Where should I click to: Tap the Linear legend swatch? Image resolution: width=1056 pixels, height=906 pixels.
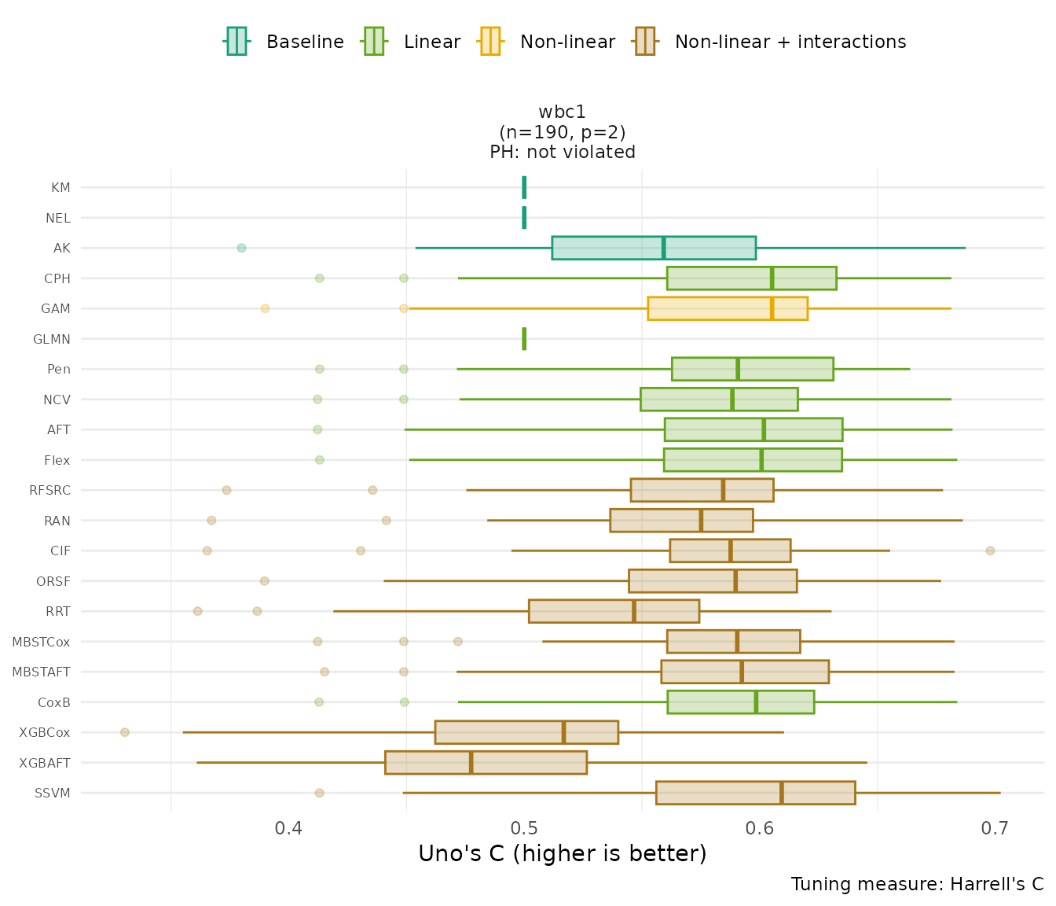373,41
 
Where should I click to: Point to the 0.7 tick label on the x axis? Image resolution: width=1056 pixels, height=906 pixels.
995,829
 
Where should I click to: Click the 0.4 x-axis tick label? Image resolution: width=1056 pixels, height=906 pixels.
289,829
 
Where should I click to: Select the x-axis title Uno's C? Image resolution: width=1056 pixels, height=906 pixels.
562,854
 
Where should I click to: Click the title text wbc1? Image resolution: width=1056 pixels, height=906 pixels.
562,112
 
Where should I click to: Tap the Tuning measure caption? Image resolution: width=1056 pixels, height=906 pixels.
917,884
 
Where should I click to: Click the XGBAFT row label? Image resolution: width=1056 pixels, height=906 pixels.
45,763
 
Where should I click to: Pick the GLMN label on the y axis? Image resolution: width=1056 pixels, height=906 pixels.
52,340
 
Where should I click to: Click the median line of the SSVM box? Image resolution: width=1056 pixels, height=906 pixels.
782,793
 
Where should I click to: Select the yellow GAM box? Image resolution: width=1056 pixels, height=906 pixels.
727,308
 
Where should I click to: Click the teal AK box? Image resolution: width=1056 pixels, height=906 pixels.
654,248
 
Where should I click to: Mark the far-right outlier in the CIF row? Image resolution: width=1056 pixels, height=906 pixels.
990,551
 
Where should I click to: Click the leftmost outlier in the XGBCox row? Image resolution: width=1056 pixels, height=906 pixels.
125,732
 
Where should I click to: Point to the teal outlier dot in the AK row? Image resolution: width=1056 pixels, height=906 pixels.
241,248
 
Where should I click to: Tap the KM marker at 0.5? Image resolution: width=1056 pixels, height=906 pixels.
524,188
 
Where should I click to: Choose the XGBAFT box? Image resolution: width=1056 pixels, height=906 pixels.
486,763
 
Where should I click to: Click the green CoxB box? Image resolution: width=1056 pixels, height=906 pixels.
740,702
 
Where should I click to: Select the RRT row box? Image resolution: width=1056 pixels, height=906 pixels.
614,611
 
